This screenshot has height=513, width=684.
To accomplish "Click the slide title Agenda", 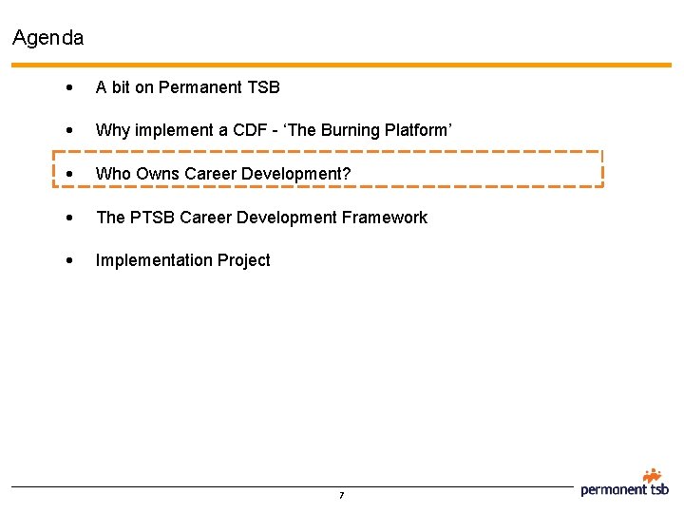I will (x=48, y=38).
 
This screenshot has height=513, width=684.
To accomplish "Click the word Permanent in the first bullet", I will (x=201, y=87).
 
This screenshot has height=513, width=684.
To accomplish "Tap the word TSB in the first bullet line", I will (x=264, y=87).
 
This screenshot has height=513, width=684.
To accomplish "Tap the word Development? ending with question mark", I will (x=295, y=174).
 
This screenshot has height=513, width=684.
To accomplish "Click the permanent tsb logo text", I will (x=624, y=490).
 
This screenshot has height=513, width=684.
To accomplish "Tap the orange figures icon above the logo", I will (x=652, y=475).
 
